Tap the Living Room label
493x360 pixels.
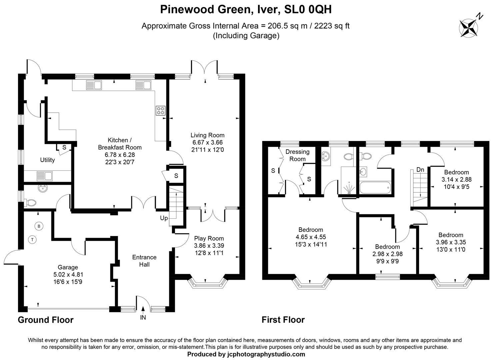[x=207, y=135]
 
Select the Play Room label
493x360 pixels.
[x=209, y=238]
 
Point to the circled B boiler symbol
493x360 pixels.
[x=39, y=226]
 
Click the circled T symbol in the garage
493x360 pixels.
[x=33, y=239]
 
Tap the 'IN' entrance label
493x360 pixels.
[x=143, y=318]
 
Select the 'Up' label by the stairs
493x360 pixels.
[x=164, y=218]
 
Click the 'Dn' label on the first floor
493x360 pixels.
[x=420, y=170]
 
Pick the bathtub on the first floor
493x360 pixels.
[x=375, y=188]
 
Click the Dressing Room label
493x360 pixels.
[x=297, y=155]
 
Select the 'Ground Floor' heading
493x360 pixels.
[x=45, y=320]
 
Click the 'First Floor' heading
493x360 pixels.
[x=283, y=320]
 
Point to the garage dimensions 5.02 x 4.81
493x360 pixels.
[x=68, y=275]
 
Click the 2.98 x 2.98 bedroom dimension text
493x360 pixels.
[x=387, y=254]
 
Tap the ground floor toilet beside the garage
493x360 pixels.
[x=31, y=202]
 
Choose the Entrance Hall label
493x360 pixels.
[x=144, y=261]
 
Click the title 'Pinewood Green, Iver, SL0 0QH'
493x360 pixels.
[x=246, y=9]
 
